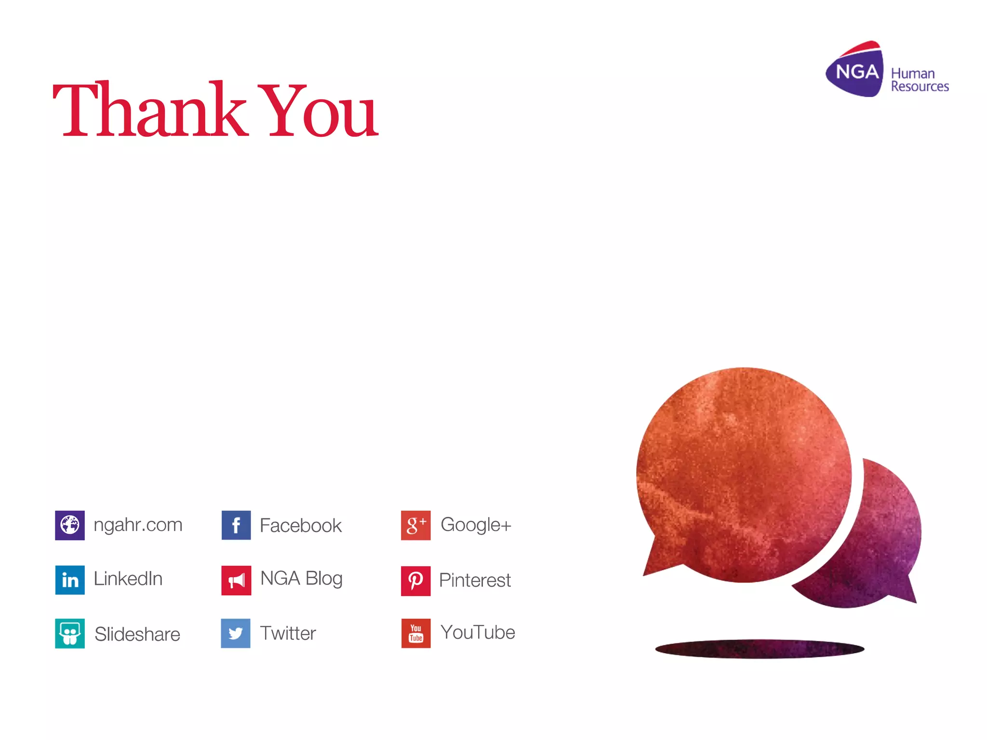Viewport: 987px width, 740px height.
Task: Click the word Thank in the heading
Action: click(x=149, y=110)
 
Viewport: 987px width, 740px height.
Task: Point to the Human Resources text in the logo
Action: click(x=919, y=80)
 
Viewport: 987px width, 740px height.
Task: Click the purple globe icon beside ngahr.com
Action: click(x=70, y=525)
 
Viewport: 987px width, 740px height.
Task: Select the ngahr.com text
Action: click(x=138, y=525)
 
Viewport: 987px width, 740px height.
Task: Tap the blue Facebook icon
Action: click(x=236, y=525)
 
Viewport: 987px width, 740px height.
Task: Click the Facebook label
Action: click(x=300, y=525)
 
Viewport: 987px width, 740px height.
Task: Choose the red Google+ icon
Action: click(x=415, y=525)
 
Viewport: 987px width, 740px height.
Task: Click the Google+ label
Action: click(x=476, y=525)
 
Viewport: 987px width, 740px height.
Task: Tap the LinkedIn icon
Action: click(x=70, y=580)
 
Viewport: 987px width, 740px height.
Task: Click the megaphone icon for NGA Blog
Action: click(x=236, y=580)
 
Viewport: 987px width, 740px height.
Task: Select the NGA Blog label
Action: click(x=301, y=579)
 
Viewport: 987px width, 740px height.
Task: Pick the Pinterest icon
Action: click(x=415, y=581)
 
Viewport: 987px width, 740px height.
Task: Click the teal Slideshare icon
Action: click(x=70, y=634)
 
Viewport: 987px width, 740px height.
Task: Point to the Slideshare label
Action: click(x=137, y=634)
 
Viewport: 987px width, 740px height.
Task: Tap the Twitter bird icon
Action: click(x=236, y=633)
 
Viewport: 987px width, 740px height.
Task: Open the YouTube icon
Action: click(x=415, y=633)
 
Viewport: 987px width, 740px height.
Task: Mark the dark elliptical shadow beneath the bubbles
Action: click(x=760, y=648)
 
